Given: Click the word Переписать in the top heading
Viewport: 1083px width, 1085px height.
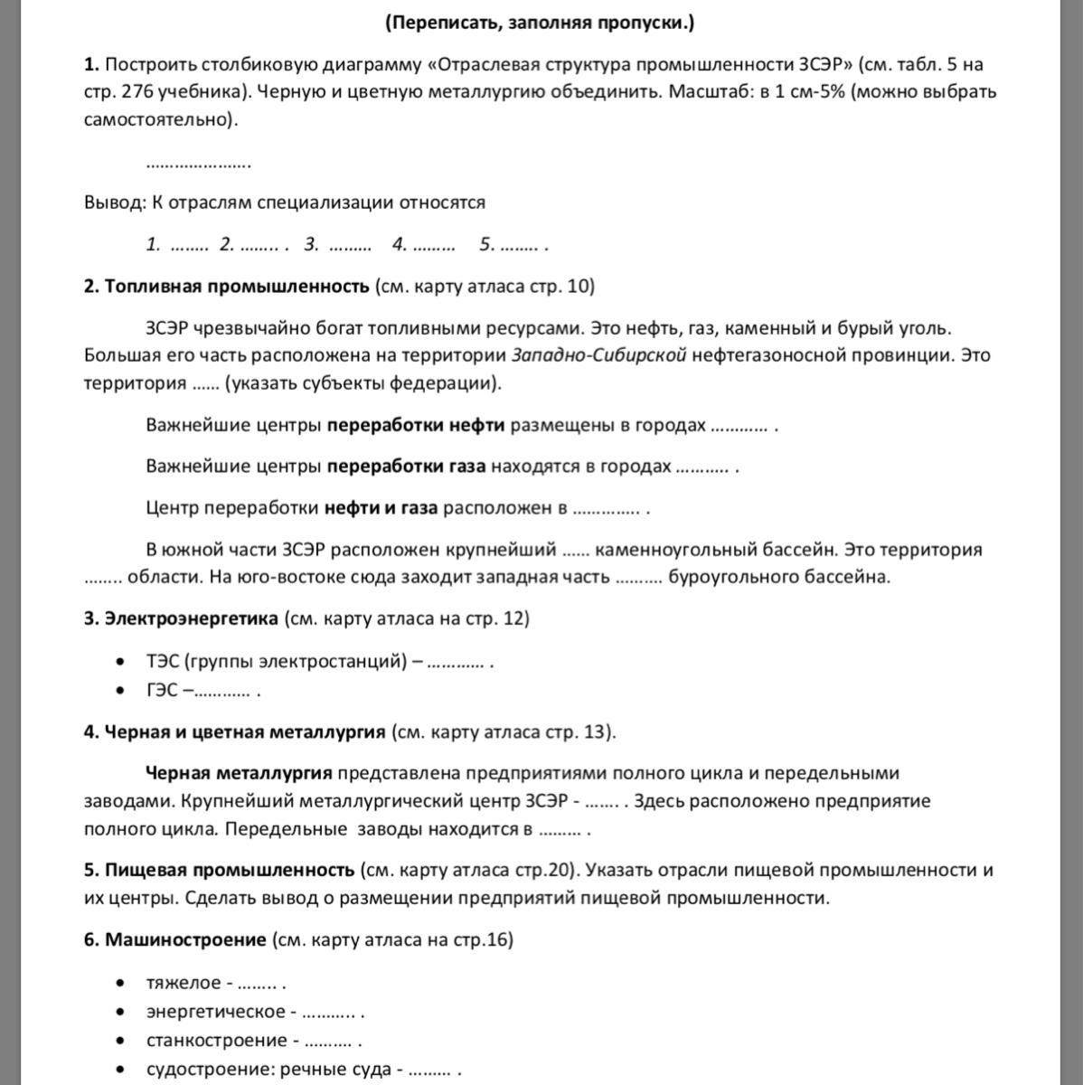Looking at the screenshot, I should coord(440,23).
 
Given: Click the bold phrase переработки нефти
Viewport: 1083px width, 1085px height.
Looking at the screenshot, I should coord(416,425).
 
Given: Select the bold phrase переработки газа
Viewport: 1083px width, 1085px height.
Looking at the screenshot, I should coord(406,467).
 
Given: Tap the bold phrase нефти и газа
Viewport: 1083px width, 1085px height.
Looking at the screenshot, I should coord(381,508).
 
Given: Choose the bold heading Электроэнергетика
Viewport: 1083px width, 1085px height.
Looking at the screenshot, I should coord(192,618).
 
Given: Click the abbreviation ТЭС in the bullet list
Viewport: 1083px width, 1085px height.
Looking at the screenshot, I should coord(163,661).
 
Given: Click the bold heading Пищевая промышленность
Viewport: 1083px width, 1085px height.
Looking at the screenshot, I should coord(230,870).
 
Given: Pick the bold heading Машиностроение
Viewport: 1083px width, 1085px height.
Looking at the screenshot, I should coord(185,939).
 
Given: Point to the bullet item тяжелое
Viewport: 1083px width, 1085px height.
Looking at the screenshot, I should coord(184,983).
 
